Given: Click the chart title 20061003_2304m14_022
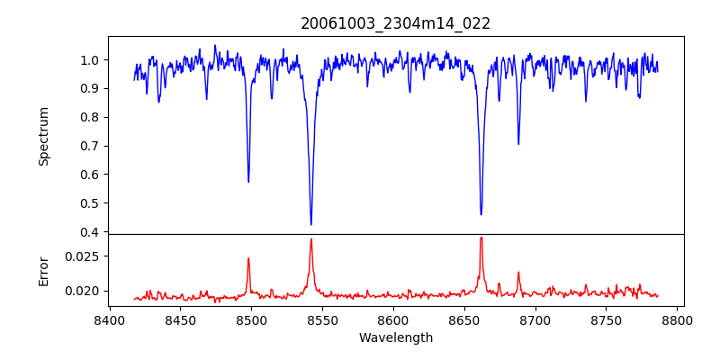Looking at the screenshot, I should [x=396, y=23].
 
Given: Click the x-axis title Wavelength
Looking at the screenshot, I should [x=396, y=337].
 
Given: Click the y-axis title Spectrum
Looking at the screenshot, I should [x=43, y=136].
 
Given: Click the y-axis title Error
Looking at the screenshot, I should [x=43, y=271].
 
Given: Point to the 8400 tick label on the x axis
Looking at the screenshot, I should [x=109, y=320].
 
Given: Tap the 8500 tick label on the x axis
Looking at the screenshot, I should [x=251, y=320].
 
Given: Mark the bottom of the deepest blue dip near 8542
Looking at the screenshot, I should [x=310, y=225].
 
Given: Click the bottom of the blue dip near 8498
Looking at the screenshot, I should [x=248, y=183].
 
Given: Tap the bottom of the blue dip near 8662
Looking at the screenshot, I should [x=481, y=215].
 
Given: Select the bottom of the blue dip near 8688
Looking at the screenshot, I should [x=518, y=144].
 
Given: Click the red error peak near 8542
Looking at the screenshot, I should [x=310, y=238].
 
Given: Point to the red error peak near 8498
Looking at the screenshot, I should [x=248, y=258].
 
